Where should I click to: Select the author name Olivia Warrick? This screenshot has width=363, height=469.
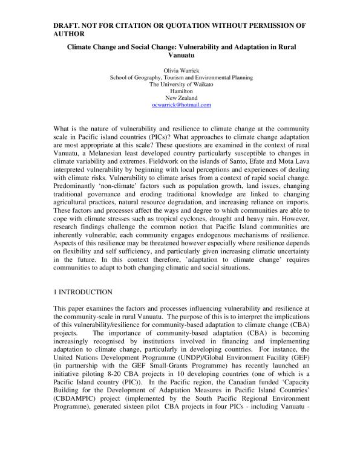[181, 71]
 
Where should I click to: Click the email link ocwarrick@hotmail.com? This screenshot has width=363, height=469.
[181, 105]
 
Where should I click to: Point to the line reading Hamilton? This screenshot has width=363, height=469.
[181, 91]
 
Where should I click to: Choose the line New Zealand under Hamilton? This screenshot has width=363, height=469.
[181, 98]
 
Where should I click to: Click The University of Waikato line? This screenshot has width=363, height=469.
[181, 85]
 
